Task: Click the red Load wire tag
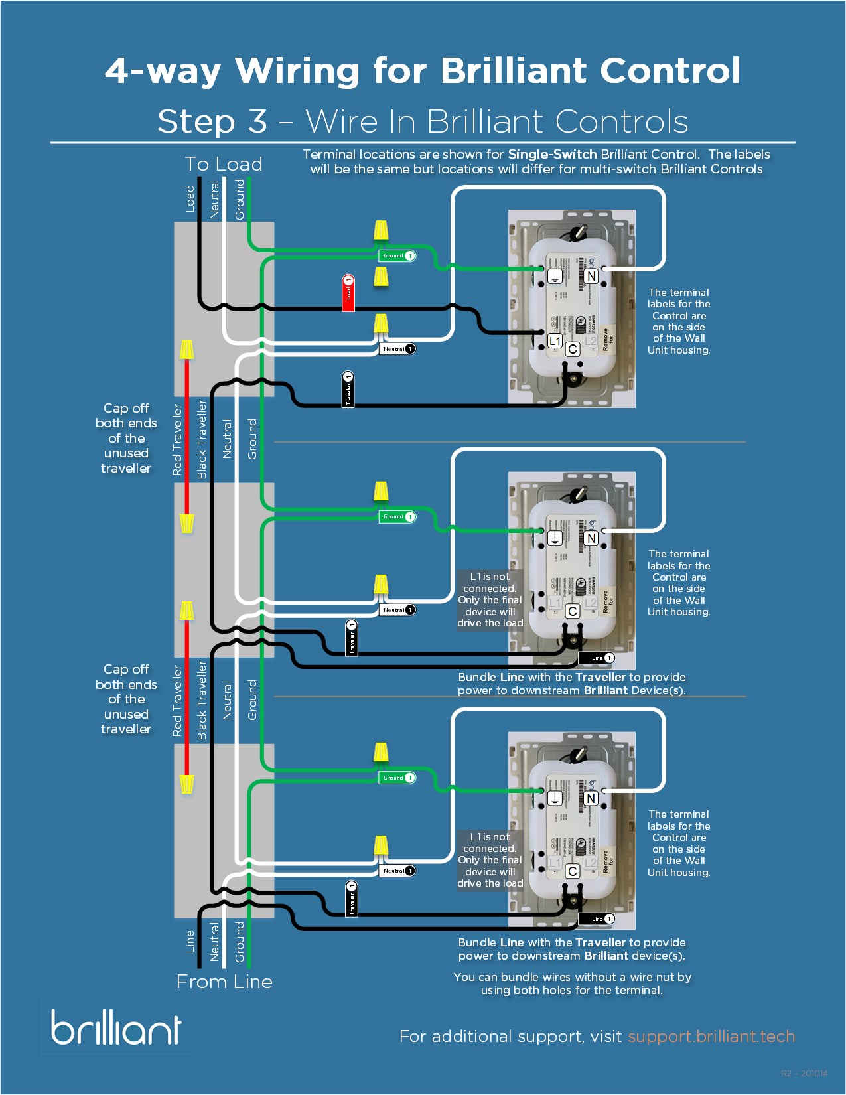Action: click(348, 293)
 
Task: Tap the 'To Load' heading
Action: click(224, 164)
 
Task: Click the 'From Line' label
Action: click(224, 982)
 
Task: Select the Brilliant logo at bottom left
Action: click(116, 1027)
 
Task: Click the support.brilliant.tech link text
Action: click(711, 1036)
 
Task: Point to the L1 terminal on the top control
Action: click(555, 341)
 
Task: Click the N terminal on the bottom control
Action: click(591, 798)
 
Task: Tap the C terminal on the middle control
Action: click(573, 611)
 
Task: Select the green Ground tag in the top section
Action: click(397, 256)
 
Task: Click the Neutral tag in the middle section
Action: click(397, 609)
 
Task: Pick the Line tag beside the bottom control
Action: click(597, 919)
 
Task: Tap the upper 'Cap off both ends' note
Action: click(126, 438)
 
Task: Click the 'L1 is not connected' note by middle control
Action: click(490, 599)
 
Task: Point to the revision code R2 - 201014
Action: click(804, 1073)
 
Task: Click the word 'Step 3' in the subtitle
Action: click(212, 121)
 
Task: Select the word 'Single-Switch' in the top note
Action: click(552, 154)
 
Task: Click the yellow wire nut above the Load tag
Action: click(381, 275)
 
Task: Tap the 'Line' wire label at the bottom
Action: click(190, 941)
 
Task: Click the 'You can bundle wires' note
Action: click(572, 984)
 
